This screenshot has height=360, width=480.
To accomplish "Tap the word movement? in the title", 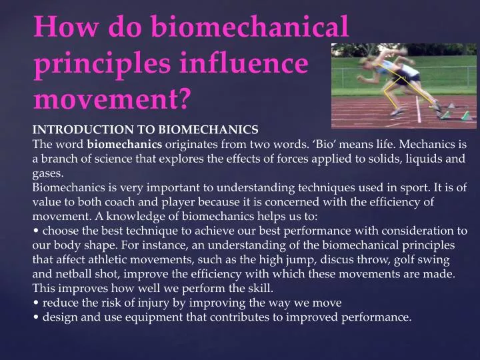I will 111,99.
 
